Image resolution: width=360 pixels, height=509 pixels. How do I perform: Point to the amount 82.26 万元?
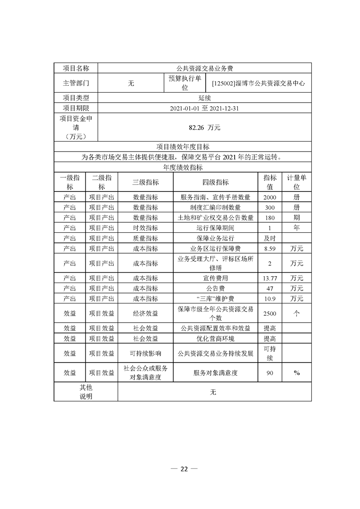(205, 128)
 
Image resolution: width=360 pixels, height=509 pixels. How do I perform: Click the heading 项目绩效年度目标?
(183, 147)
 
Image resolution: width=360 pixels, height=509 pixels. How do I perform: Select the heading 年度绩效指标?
(183, 167)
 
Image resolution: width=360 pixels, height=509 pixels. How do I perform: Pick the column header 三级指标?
(145, 182)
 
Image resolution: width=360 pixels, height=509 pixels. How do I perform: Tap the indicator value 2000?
(270, 197)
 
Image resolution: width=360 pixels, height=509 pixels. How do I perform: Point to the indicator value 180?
(270, 218)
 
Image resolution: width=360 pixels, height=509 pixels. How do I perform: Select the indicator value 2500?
(270, 313)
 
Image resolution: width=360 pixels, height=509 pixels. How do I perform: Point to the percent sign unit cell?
(297, 372)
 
